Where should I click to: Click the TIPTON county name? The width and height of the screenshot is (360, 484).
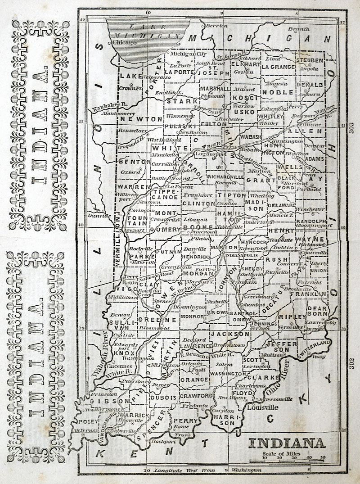232,196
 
